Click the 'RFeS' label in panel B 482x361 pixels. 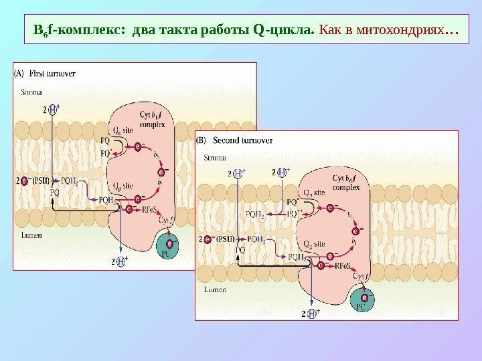pos(344,265)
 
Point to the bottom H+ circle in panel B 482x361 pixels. pos(312,313)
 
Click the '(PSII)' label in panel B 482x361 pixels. pos(231,239)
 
